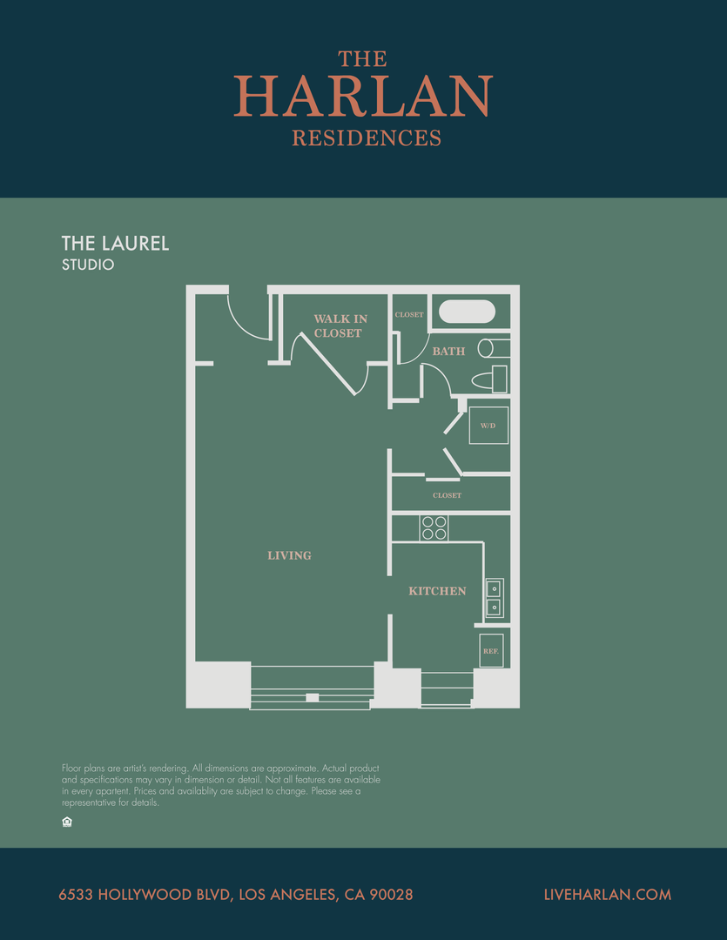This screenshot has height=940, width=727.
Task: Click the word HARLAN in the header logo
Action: point(363,97)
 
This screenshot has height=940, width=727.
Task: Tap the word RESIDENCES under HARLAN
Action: point(367,138)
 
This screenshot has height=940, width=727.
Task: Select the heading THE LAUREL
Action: point(115,244)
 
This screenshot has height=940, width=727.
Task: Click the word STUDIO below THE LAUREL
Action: point(88,265)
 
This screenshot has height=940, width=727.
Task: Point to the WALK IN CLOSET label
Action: point(340,326)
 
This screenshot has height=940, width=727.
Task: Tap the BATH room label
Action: point(448,351)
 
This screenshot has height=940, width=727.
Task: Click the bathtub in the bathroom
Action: point(467,312)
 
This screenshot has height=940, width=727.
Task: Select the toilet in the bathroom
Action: point(489,379)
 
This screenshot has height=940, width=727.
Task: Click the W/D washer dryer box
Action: point(488,426)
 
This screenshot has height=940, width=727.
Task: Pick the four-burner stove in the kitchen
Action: point(434,527)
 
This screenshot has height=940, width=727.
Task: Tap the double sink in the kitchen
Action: point(494,598)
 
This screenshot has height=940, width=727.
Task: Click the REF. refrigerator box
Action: point(491,651)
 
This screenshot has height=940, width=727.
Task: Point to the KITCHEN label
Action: point(437,591)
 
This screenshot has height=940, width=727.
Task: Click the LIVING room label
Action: point(289,555)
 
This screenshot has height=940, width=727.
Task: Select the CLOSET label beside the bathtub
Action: point(408,315)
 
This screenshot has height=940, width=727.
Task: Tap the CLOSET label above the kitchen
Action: point(447,496)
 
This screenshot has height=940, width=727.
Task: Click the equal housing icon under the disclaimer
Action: point(67,822)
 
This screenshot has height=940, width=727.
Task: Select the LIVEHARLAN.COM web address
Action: point(607,895)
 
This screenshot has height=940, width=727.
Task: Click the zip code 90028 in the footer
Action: point(390,895)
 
